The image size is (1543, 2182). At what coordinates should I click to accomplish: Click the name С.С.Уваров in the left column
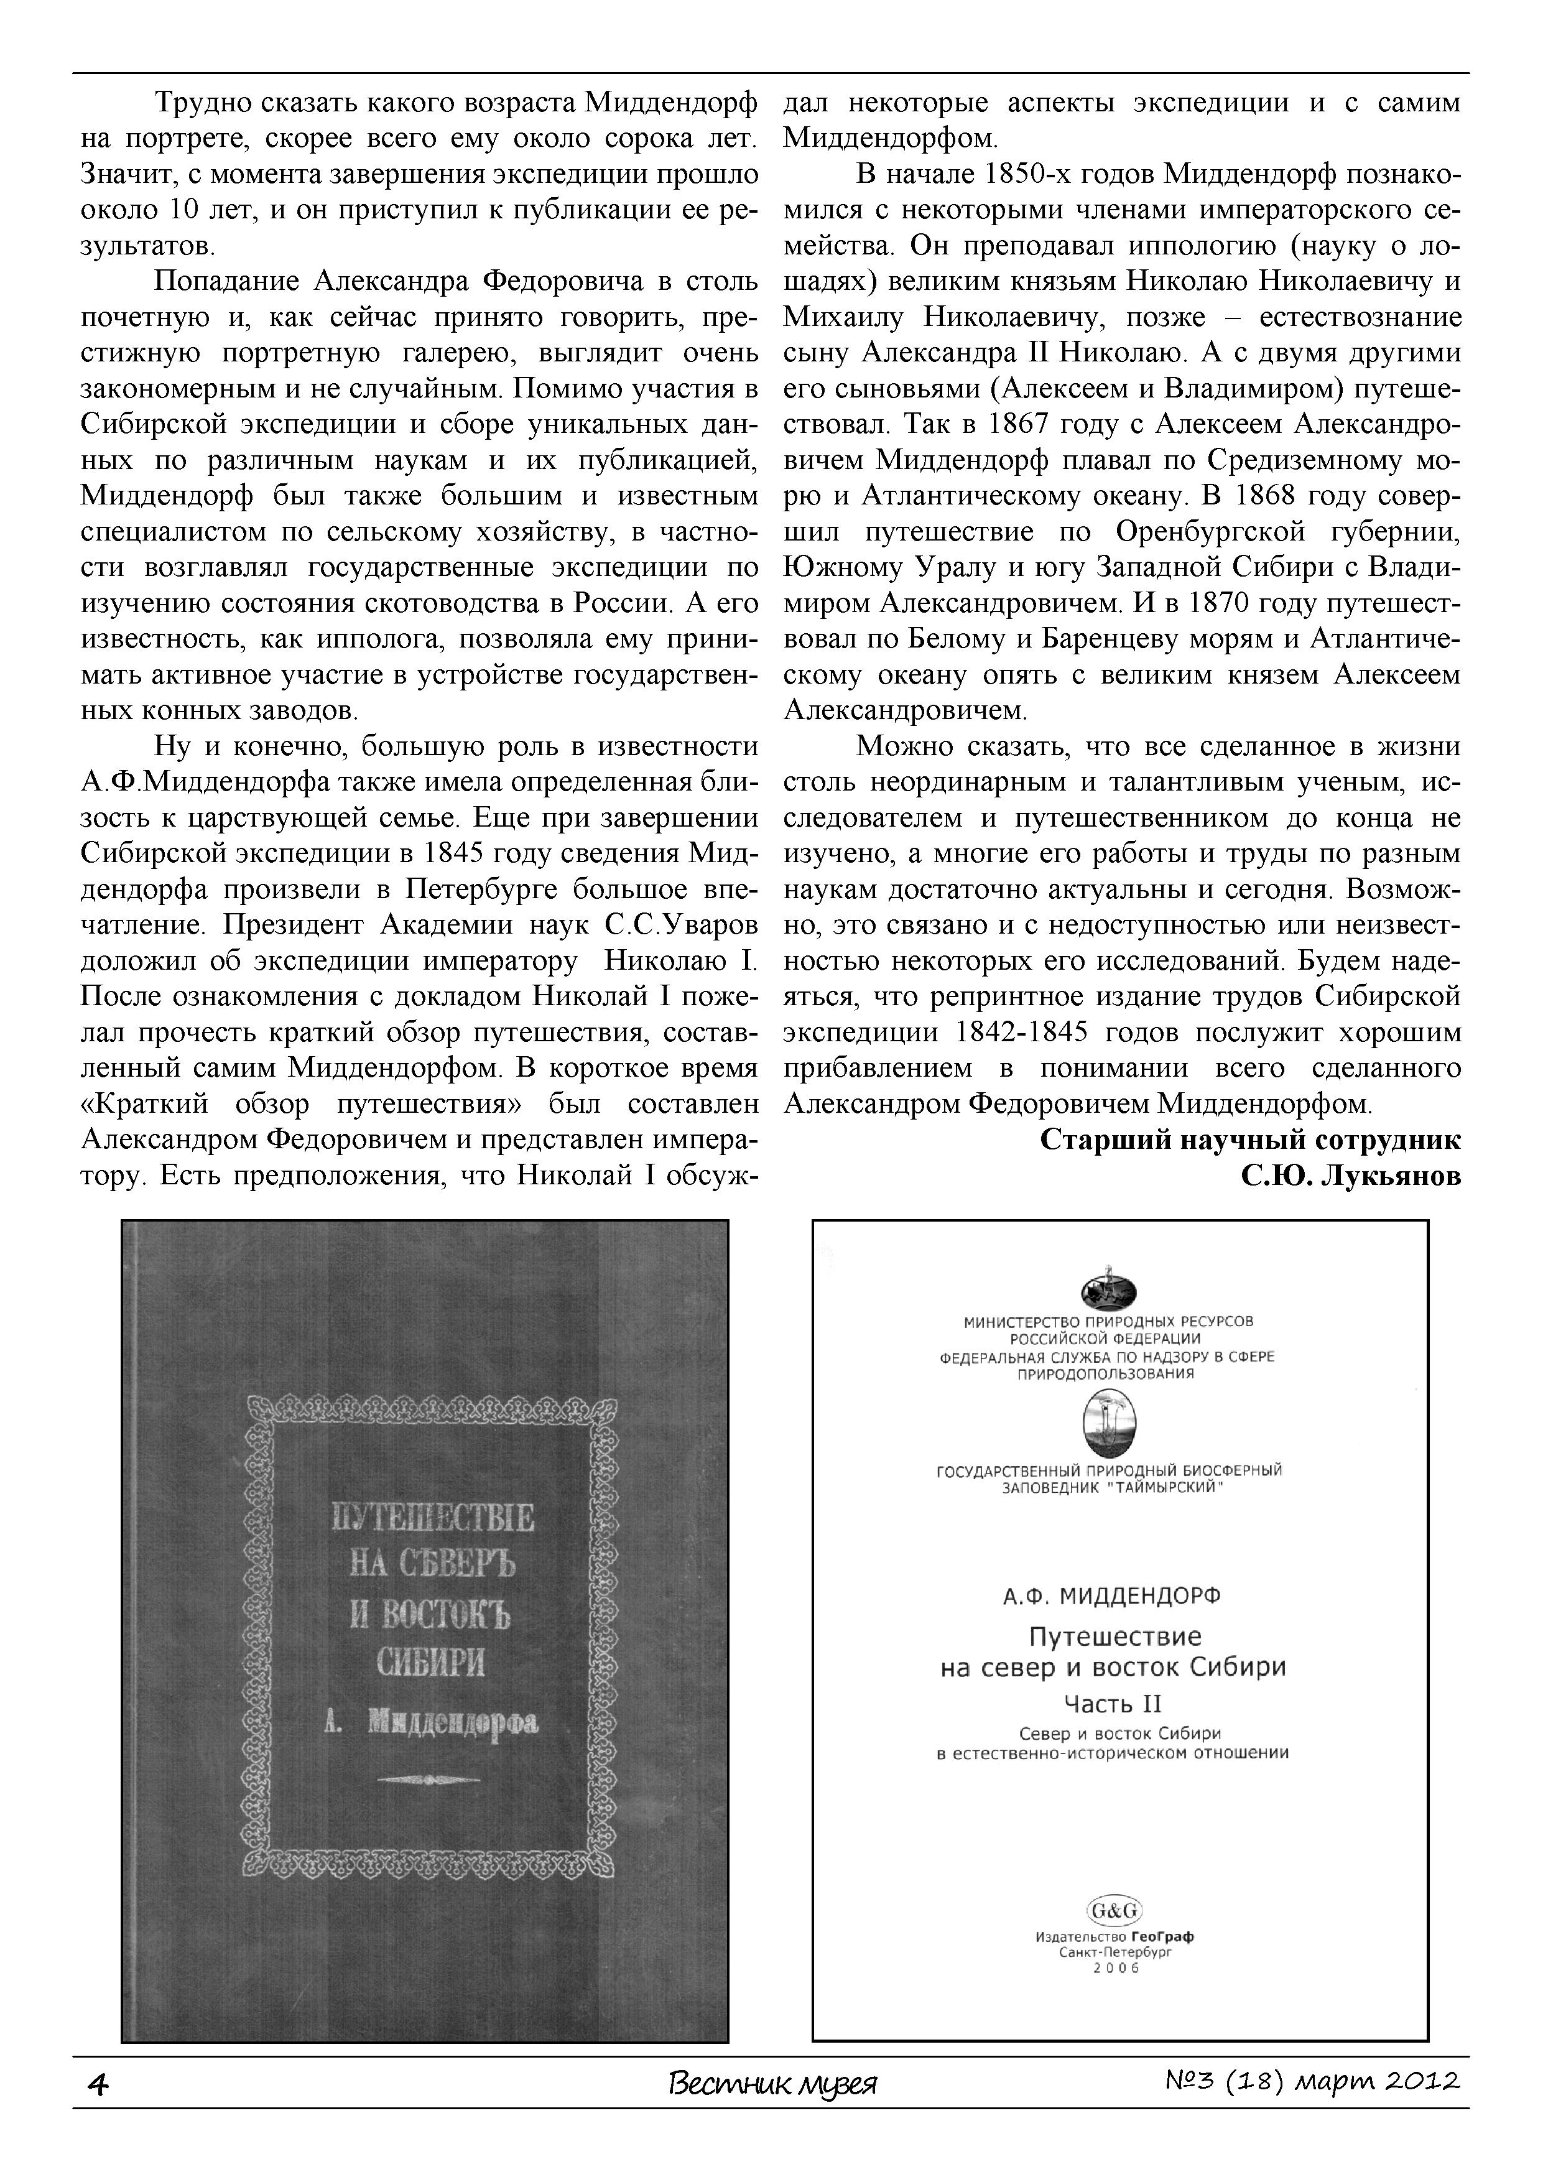pos(681,925)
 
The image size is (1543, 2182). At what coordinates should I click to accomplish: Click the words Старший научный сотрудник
pos(1250,1140)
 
